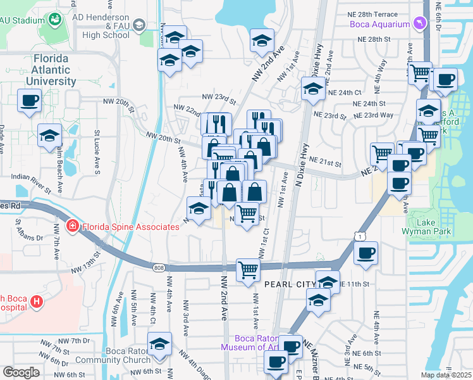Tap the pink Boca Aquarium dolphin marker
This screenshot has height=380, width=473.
(x=418, y=23)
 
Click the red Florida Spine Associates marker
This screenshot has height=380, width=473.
(x=73, y=226)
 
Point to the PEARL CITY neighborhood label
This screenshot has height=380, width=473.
(x=289, y=285)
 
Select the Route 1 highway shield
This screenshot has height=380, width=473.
(x=359, y=236)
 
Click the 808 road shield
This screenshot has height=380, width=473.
(x=158, y=268)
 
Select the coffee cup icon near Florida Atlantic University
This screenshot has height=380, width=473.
(x=30, y=100)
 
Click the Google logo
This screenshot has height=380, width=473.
(x=21, y=372)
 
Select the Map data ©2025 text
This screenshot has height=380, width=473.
(x=446, y=375)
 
